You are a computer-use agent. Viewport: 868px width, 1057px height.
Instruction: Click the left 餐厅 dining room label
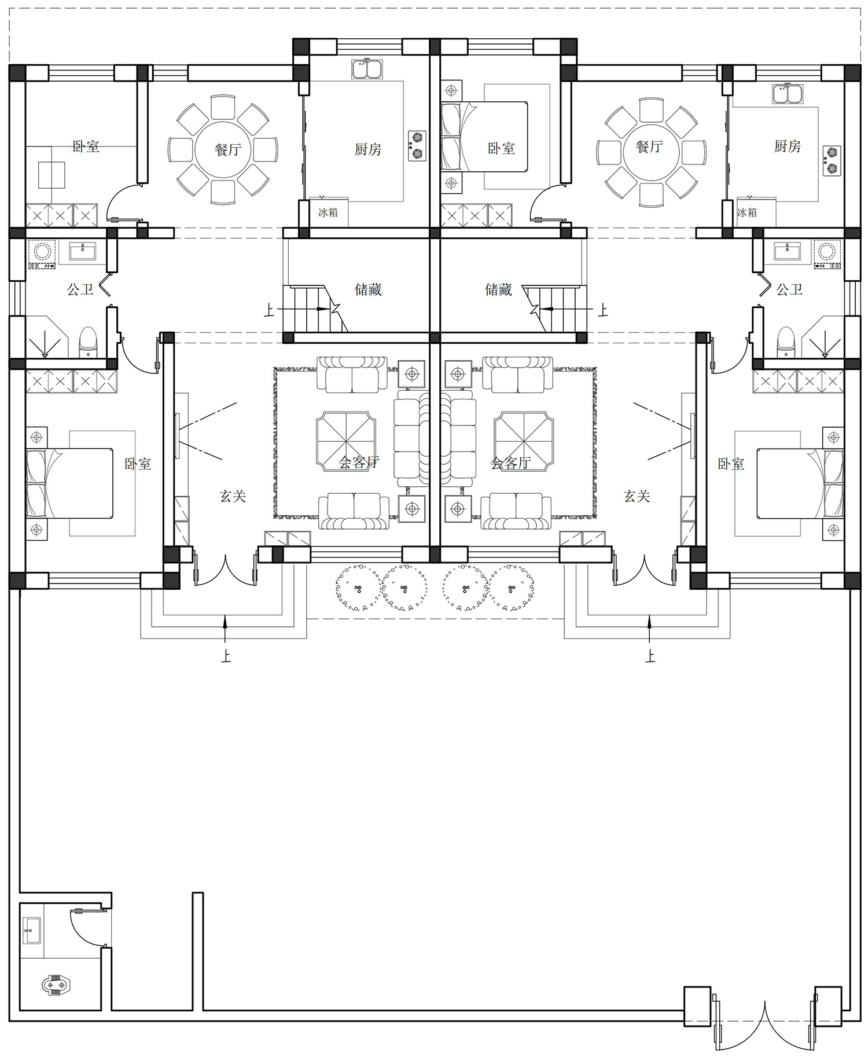(227, 149)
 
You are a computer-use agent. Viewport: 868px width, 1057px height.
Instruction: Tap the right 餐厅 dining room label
(649, 146)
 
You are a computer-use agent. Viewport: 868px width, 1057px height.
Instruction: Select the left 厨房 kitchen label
(368, 149)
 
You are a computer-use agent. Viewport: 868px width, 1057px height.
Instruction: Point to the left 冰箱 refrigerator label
(328, 212)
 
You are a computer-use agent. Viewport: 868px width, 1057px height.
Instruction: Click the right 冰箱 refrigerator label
(746, 212)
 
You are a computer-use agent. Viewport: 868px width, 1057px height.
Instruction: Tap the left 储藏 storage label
(368, 289)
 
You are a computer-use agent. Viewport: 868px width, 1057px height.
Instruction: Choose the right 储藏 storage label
(498, 289)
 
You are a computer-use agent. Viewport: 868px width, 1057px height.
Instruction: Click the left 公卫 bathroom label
(80, 289)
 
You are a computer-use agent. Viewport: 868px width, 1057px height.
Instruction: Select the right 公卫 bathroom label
(789, 289)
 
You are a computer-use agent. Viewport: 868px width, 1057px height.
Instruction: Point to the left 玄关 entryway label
(233, 496)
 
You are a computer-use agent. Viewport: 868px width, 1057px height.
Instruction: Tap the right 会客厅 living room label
(510, 463)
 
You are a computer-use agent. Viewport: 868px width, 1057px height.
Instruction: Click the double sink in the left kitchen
(366, 69)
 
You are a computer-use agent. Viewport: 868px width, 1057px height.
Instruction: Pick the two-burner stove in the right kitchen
(832, 161)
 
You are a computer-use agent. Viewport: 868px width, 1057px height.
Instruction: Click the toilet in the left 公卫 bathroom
(88, 342)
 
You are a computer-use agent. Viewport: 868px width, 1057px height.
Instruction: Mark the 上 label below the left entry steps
(225, 656)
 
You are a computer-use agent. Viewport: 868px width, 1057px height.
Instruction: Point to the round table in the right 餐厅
(650, 153)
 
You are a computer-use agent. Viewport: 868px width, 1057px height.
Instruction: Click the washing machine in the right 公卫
(827, 255)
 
